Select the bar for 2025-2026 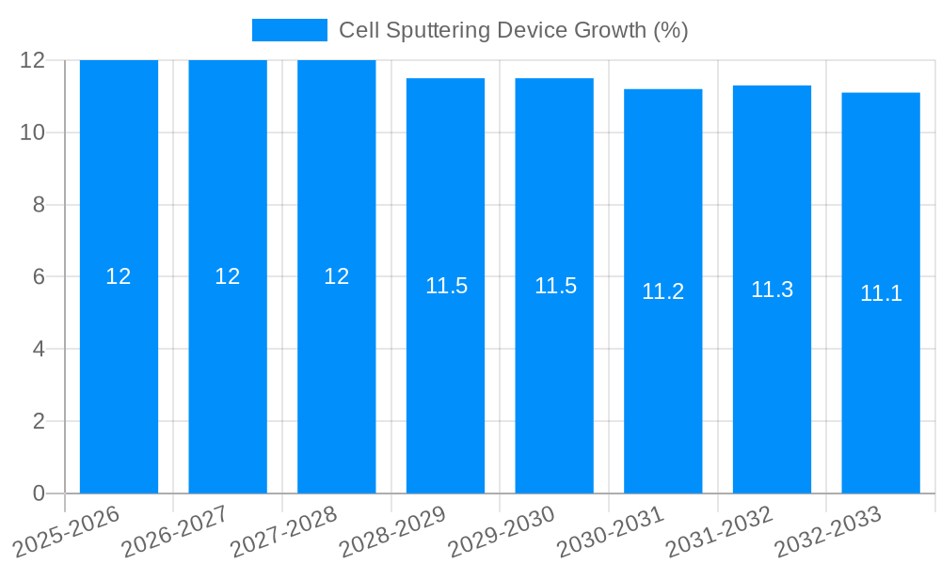click(119, 376)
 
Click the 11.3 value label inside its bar click(772, 290)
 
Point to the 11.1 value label click(881, 293)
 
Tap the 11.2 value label click(662, 292)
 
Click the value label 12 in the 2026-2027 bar click(228, 276)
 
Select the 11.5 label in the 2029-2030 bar click(555, 287)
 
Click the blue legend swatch click(289, 30)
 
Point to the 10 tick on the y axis click(33, 133)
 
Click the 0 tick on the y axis click(39, 493)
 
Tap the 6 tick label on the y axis click(39, 277)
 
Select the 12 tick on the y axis click(33, 60)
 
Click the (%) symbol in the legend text click(671, 31)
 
